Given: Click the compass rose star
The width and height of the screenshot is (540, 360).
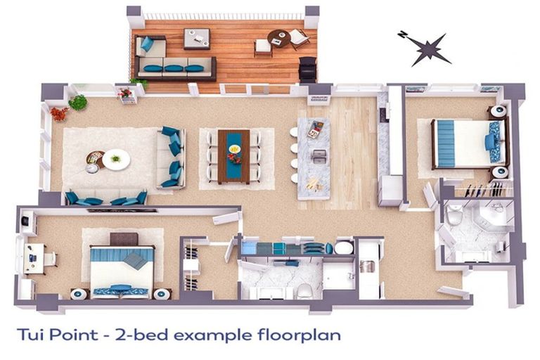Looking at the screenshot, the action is (428, 49).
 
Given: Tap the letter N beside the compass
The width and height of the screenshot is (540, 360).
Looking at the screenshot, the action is (402, 34).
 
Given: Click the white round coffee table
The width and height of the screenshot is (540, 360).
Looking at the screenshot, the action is (116, 160).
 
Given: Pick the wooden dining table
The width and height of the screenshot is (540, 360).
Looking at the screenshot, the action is (234, 157).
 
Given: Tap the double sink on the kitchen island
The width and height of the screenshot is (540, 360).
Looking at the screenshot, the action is (319, 156).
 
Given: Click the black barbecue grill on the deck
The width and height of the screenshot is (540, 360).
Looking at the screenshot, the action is (307, 70).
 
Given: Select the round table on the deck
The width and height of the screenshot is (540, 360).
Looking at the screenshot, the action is (279, 39).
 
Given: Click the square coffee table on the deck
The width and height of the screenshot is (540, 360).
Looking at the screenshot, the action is (197, 39).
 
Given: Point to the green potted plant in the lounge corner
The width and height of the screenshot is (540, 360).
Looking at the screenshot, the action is (78, 103).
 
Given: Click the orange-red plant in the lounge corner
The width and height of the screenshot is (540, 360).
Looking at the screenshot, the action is (59, 114).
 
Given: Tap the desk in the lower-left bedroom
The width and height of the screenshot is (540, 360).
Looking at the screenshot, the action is (34, 258).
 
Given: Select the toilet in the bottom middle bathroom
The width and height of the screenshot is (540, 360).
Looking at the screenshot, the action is (304, 291).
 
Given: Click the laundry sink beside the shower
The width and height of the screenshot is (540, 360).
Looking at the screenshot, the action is (368, 266).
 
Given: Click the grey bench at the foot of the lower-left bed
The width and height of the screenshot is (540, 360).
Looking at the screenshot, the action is (124, 239).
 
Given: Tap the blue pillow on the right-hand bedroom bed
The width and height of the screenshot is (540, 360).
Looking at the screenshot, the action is (489, 141).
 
